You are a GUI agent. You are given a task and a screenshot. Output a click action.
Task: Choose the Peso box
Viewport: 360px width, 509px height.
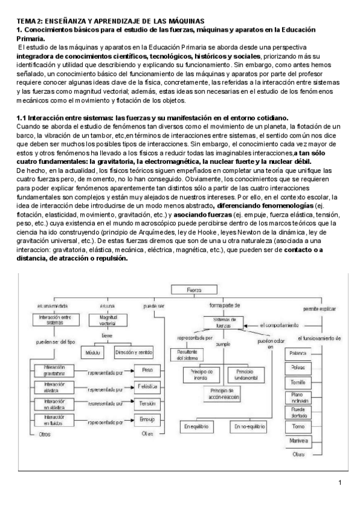[147, 372]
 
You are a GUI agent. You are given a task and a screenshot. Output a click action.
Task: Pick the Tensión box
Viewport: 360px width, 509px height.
[147, 404]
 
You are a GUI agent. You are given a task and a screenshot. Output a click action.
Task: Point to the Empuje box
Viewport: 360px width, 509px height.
[147, 420]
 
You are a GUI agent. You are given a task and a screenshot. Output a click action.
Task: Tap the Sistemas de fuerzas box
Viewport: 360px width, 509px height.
[229, 323]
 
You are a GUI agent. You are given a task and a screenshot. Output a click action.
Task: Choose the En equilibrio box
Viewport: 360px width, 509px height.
[199, 426]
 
